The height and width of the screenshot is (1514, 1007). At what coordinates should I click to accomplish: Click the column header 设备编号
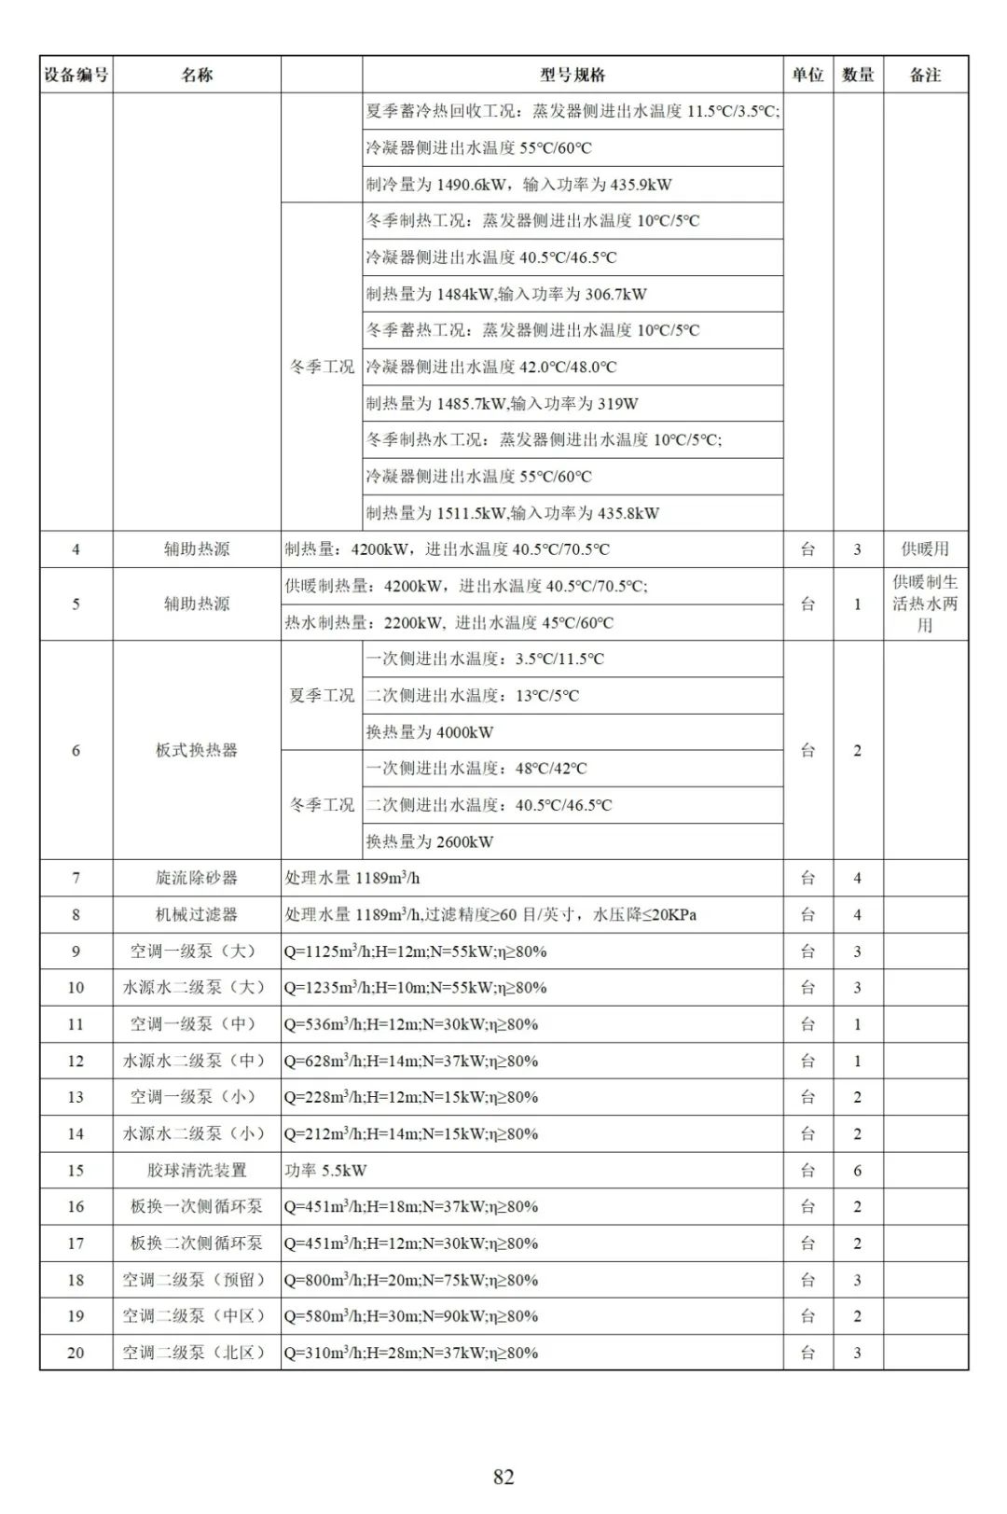pyautogui.click(x=76, y=75)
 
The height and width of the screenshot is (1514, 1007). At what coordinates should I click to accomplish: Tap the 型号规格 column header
pyautogui.click(x=572, y=75)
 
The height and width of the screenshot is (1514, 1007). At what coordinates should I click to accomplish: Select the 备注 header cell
pyautogui.click(x=925, y=75)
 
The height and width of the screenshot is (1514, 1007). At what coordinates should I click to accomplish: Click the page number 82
pyautogui.click(x=504, y=1477)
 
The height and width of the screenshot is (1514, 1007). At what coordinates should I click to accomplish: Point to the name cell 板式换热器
pyautogui.click(x=196, y=750)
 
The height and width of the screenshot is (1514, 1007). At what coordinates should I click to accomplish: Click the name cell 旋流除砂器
pyautogui.click(x=196, y=878)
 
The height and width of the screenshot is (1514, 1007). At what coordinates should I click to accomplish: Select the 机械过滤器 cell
pyautogui.click(x=196, y=914)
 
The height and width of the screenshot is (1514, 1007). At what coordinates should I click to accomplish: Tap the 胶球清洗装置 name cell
pyautogui.click(x=196, y=1170)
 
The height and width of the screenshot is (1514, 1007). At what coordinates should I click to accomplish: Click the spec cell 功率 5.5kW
pyautogui.click(x=325, y=1170)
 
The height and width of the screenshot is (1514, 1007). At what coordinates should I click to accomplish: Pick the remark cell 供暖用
pyautogui.click(x=925, y=549)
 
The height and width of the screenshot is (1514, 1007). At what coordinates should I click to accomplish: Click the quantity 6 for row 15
pyautogui.click(x=857, y=1170)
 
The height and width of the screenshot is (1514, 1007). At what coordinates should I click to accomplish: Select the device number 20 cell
pyautogui.click(x=76, y=1353)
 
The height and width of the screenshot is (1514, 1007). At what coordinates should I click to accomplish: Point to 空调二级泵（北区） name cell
pyautogui.click(x=196, y=1353)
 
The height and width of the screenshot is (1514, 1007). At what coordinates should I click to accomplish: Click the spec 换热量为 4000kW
pyautogui.click(x=430, y=732)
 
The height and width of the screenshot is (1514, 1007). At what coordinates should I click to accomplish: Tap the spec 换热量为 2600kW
pyautogui.click(x=430, y=841)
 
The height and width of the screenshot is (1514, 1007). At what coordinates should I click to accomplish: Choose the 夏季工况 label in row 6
pyautogui.click(x=322, y=695)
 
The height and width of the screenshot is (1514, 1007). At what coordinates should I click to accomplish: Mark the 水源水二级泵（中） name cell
pyautogui.click(x=196, y=1061)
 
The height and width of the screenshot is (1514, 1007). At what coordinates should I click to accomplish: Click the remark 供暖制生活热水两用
pyautogui.click(x=925, y=604)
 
